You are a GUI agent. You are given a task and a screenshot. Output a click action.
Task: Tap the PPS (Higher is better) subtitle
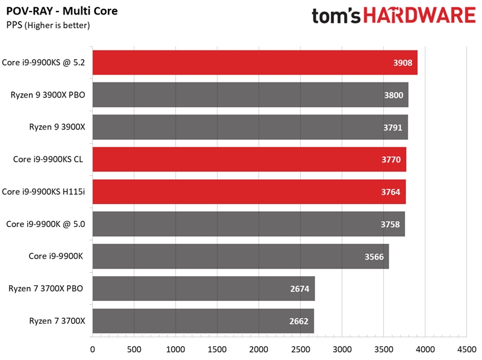pos(48,25)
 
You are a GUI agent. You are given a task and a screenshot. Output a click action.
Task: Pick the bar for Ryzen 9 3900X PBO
pos(250,95)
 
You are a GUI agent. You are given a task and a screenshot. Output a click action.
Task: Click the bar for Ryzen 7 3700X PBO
pos(203,288)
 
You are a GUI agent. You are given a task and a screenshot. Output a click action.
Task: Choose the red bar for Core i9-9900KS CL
pos(249,160)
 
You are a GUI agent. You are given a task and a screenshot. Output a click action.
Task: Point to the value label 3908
pos(402,63)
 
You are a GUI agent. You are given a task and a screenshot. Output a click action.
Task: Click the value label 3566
pos(374,256)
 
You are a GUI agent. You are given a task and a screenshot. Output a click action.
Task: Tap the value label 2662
pos(299,321)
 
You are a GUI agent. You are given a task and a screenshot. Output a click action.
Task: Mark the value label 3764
pos(391,192)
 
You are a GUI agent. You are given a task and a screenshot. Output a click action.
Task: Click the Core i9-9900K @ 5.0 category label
pos(45,224)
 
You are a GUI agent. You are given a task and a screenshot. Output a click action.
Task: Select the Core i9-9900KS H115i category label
pos(43,192)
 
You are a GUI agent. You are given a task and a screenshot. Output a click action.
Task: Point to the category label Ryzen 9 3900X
pos(57,127)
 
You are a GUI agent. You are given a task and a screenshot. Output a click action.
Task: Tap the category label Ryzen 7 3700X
pos(57,321)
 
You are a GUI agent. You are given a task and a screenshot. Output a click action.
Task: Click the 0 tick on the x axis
pos(92,349)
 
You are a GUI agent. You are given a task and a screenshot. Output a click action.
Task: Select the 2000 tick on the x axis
pos(258,349)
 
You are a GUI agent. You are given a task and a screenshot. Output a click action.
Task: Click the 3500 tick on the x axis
pos(383,349)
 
